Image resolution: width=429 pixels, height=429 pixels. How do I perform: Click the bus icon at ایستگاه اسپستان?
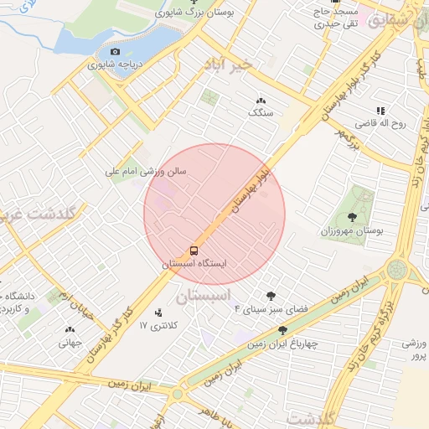(x=194, y=251)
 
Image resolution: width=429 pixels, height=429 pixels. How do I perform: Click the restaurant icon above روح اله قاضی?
(x=380, y=111)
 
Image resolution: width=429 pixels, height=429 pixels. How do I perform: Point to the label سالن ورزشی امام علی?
(x=146, y=171)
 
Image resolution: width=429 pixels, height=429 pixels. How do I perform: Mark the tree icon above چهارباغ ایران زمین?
(x=282, y=330)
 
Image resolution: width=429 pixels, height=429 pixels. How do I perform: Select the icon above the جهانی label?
(x=69, y=330)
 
